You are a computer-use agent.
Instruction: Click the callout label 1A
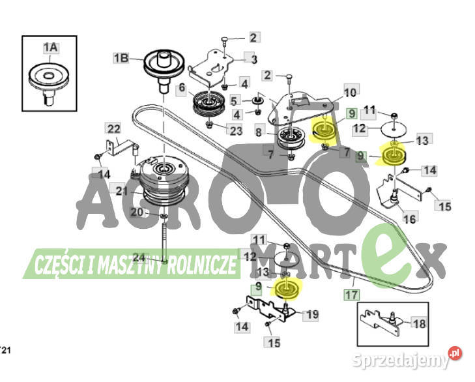(x=51, y=48)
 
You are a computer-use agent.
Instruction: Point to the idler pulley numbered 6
(x=209, y=104)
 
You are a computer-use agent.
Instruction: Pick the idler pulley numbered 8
(x=291, y=138)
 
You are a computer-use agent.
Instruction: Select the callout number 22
(x=113, y=128)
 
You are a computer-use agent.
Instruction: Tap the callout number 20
(x=136, y=212)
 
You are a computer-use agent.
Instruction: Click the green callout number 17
(x=352, y=295)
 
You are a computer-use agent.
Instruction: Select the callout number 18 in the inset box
(x=419, y=323)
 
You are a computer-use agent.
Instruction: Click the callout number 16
(x=410, y=218)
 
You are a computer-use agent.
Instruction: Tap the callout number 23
(x=235, y=130)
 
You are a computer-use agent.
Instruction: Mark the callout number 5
(x=235, y=100)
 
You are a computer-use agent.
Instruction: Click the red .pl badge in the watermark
(x=455, y=353)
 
